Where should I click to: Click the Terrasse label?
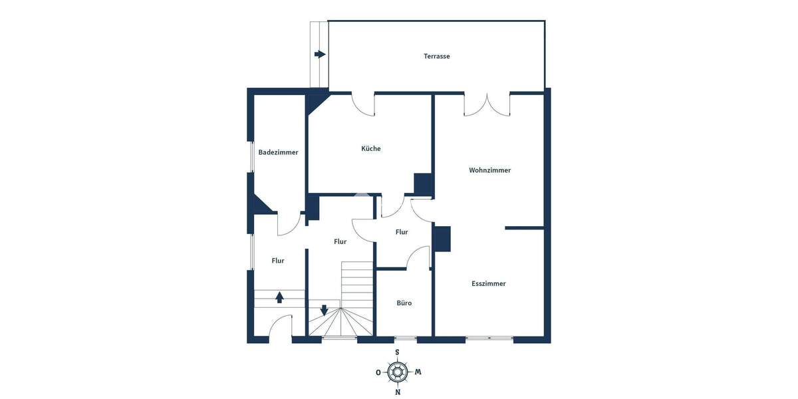click(x=437, y=57)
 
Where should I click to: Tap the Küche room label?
click(x=371, y=149)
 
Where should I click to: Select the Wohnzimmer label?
click(x=490, y=170)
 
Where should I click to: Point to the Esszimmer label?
click(x=489, y=283)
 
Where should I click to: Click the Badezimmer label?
click(x=279, y=152)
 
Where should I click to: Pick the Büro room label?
click(x=404, y=303)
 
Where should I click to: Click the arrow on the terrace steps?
click(x=320, y=55)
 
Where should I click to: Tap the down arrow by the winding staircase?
click(x=324, y=310)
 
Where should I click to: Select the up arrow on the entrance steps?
click(x=280, y=297)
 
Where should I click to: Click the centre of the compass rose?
click(x=398, y=372)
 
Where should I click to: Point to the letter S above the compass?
click(x=397, y=352)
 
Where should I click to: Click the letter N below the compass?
click(x=398, y=392)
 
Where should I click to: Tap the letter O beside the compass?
click(x=378, y=372)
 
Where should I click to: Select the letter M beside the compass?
click(x=418, y=372)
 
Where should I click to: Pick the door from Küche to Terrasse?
click(x=363, y=105)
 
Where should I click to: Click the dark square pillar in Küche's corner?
click(x=423, y=183)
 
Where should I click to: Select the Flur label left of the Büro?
click(x=402, y=232)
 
